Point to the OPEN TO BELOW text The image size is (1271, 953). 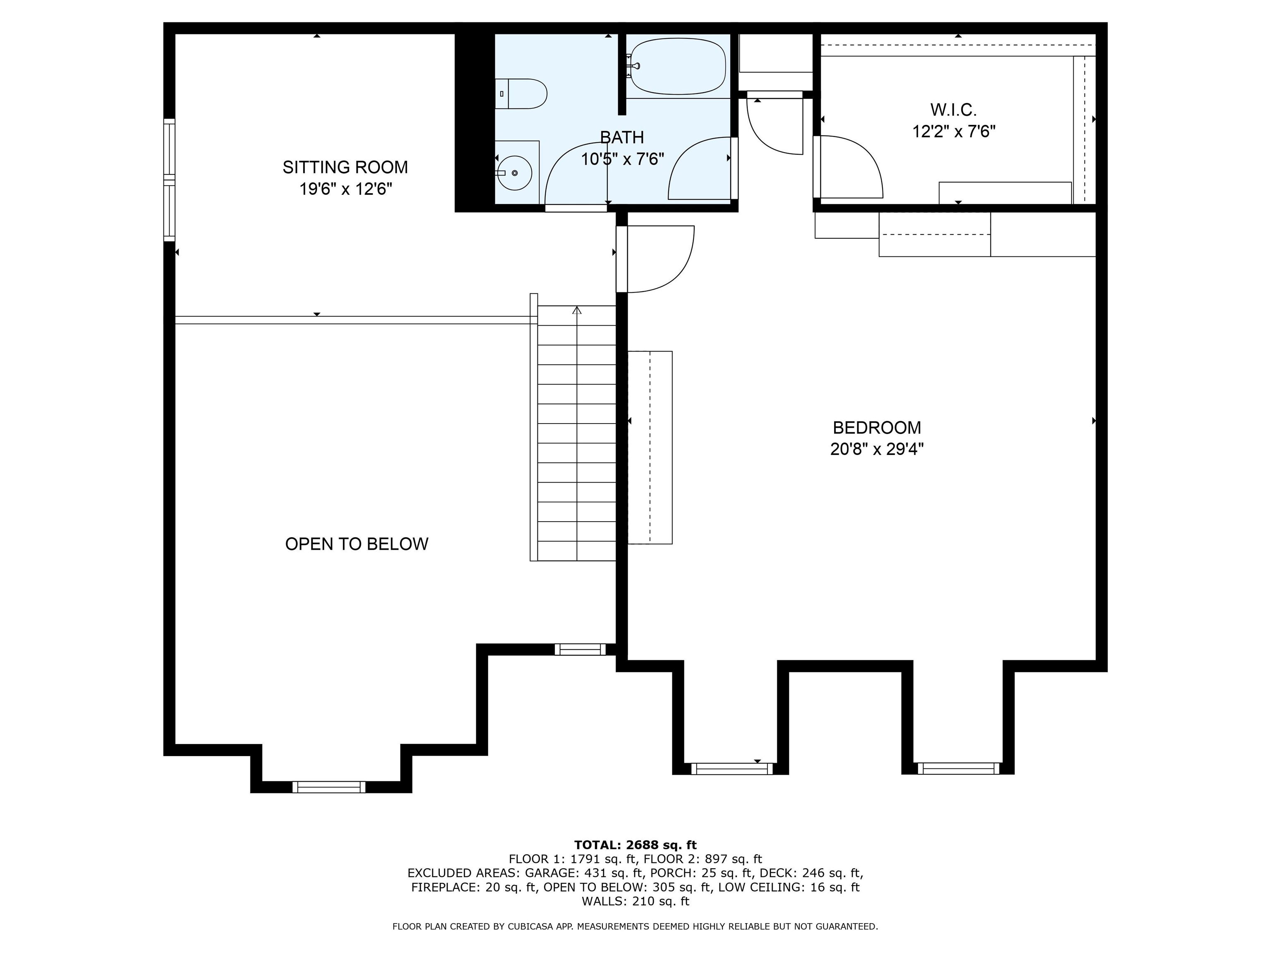click(x=356, y=544)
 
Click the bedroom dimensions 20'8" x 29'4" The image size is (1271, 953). click(x=876, y=449)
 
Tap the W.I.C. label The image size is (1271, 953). click(x=953, y=109)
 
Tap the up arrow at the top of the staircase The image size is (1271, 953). click(x=577, y=311)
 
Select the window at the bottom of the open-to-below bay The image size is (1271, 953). click(x=329, y=787)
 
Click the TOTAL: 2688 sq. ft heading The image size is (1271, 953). click(x=635, y=845)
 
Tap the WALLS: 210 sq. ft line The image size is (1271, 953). click(x=635, y=901)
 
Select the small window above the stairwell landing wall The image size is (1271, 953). click(x=580, y=649)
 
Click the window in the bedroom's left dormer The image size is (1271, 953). click(x=731, y=769)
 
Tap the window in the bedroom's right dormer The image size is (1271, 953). click(x=958, y=768)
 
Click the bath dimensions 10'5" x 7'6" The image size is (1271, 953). click(x=622, y=159)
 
